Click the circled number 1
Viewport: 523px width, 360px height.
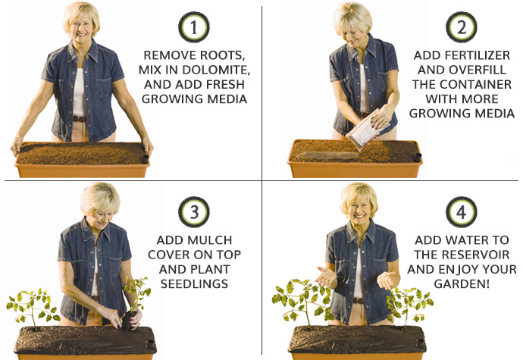196,29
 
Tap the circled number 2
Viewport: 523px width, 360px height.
460,29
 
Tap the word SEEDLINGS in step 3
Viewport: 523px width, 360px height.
196,283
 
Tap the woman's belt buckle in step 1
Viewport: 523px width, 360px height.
79,118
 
